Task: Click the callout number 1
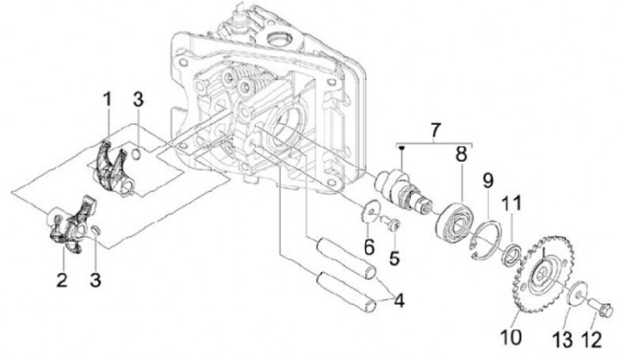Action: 107,101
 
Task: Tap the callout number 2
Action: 62,279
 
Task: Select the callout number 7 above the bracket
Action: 435,130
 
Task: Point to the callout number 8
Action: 462,154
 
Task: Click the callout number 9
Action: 487,181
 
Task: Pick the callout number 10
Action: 512,338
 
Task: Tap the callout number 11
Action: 512,204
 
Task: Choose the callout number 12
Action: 592,340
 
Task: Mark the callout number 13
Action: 562,340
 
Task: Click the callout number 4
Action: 399,301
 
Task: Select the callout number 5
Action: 394,258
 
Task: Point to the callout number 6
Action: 369,247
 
